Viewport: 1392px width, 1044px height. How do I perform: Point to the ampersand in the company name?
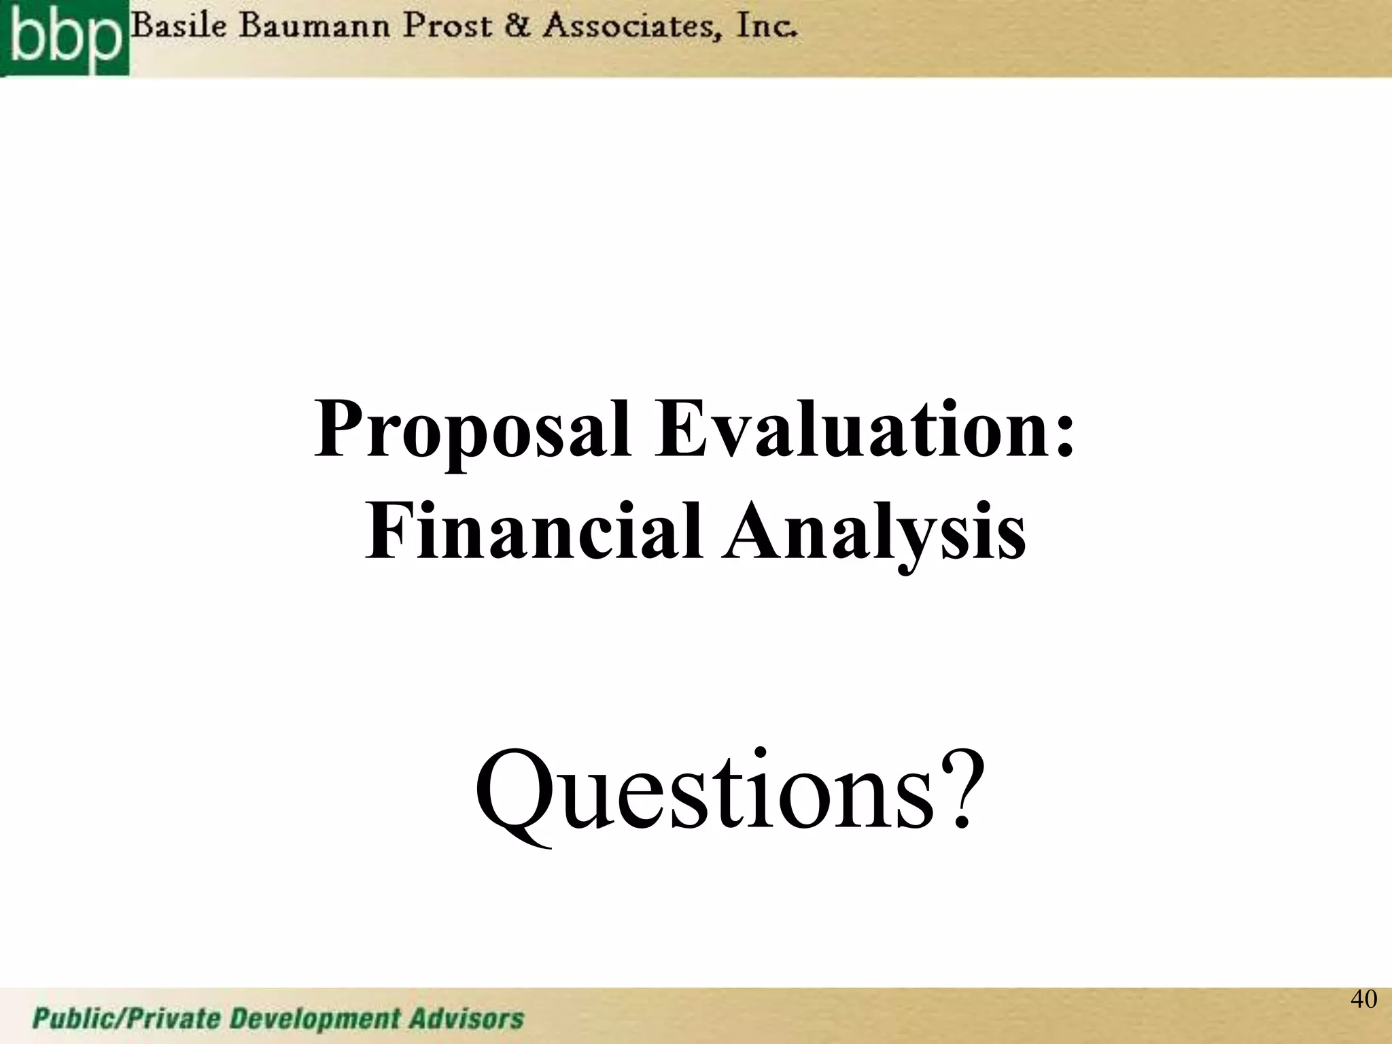click(x=519, y=29)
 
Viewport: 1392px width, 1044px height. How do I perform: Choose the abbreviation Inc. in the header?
click(x=765, y=29)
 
